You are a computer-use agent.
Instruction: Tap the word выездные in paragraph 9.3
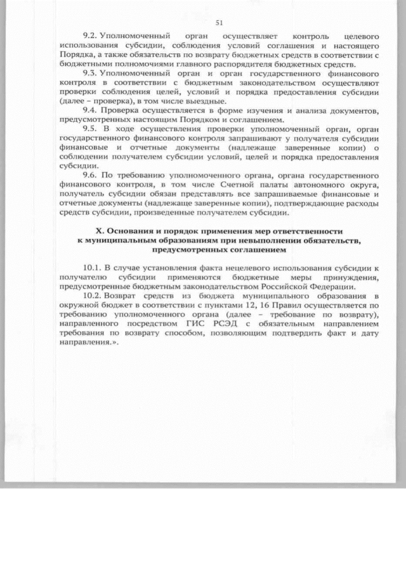tap(204, 101)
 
